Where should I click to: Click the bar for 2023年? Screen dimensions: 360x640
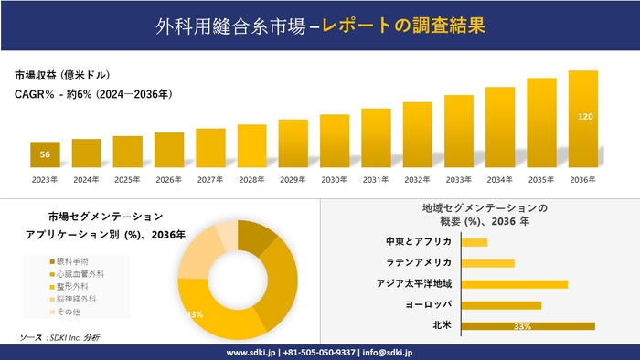45,154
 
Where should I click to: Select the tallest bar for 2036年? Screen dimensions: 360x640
583,119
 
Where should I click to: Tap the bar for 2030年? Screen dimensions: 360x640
335,141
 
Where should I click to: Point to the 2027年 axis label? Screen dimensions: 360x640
210,179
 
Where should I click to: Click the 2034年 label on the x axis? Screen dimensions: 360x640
500,179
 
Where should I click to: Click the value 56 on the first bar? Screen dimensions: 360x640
45,154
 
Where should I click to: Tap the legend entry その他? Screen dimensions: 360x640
69,312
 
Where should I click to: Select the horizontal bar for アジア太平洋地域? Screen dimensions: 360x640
515,283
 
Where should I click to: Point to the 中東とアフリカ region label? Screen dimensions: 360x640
419,242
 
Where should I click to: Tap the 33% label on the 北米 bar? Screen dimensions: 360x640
523,325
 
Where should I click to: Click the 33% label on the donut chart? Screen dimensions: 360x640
194,313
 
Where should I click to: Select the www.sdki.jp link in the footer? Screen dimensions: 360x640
252,352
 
